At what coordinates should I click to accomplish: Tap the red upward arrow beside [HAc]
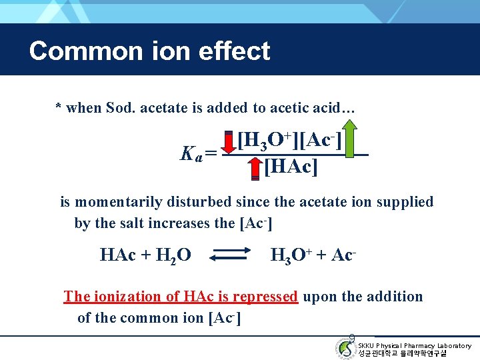click(x=254, y=169)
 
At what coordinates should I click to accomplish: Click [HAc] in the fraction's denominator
click(x=291, y=166)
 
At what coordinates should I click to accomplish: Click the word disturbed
click(x=213, y=202)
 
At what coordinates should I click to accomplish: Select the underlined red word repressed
click(x=265, y=296)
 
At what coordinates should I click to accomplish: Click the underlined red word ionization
click(x=128, y=296)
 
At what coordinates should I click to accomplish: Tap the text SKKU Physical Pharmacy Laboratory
click(x=414, y=345)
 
